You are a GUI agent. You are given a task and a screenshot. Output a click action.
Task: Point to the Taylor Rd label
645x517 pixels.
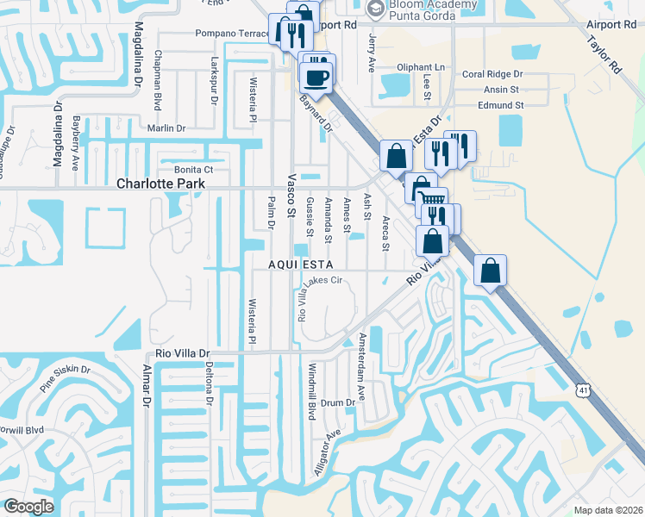point(604,53)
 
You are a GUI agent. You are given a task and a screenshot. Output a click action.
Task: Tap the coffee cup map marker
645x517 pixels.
point(316,78)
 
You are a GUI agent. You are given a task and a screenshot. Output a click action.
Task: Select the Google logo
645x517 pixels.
point(28,507)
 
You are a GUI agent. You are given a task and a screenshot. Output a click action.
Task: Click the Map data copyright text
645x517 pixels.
point(609,510)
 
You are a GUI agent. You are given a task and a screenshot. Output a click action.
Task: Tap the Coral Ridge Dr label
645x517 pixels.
point(492,74)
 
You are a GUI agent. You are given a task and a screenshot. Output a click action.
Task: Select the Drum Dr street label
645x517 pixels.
point(338,402)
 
